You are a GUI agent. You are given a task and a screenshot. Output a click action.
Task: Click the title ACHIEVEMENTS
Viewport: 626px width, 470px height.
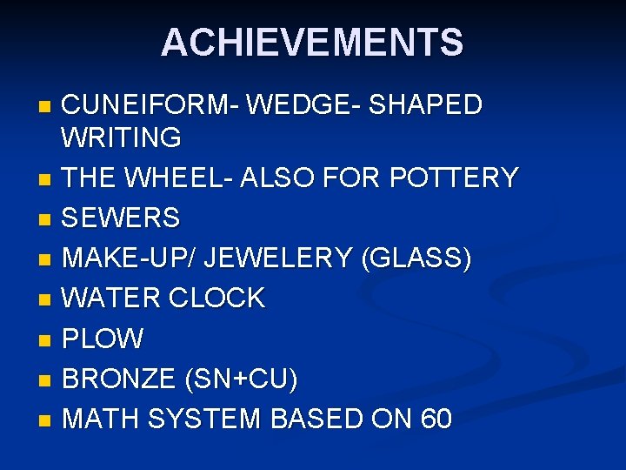[x=312, y=43]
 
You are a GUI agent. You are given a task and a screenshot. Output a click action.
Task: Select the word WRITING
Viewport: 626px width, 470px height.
[x=122, y=138]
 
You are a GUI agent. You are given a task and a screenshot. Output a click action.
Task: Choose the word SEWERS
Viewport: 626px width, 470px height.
[x=121, y=218]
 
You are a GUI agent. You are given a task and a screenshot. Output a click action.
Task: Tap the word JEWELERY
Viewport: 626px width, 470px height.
[x=277, y=258]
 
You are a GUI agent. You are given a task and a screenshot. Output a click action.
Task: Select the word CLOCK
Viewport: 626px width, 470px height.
[x=217, y=299]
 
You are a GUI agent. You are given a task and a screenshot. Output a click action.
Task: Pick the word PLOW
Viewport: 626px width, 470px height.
[x=103, y=339]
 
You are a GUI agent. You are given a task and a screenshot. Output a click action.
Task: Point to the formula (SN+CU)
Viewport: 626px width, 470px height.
[x=242, y=379]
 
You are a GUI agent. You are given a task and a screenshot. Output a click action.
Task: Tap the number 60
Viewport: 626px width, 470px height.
[x=436, y=420]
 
